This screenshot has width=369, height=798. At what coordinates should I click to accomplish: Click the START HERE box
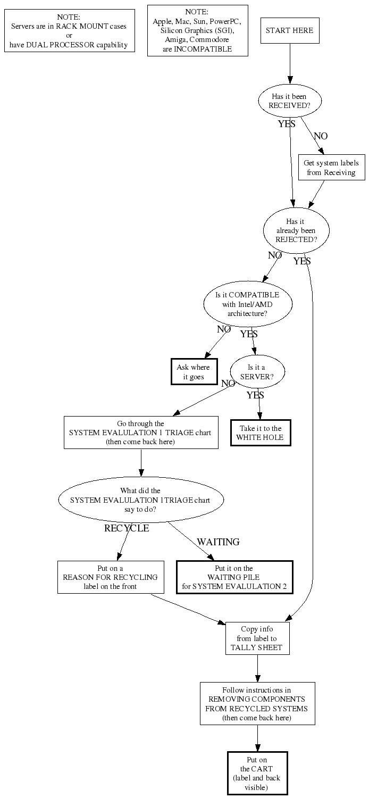pos(290,30)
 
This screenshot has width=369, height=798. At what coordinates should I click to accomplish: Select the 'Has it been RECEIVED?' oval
pos(290,101)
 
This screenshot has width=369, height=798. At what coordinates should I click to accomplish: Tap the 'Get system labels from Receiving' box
pos(331,168)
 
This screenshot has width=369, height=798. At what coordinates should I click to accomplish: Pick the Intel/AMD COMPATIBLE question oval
pos(247,304)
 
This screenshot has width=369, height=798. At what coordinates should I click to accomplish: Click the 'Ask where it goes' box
pos(193,372)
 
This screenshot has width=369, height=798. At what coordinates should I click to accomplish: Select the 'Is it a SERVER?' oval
pos(257,372)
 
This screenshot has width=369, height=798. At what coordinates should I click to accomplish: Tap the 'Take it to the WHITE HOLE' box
pos(261,433)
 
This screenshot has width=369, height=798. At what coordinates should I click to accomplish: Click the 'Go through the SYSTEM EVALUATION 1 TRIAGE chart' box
pos(141,433)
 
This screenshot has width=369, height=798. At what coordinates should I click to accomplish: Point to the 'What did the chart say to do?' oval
pos(141,500)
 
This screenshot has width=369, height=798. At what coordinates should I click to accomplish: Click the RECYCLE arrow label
pos(127,528)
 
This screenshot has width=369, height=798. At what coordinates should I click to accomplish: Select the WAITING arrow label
pos(218,542)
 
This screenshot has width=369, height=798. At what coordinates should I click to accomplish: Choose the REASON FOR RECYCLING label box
pos(110,577)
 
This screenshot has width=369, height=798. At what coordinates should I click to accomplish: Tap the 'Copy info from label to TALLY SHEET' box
pos(257,638)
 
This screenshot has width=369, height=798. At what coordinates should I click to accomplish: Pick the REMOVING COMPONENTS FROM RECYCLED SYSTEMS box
pos(257,703)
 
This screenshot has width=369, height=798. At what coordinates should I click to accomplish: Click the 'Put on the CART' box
pos(257,773)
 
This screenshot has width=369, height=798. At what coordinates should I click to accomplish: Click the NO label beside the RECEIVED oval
pos(321,136)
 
